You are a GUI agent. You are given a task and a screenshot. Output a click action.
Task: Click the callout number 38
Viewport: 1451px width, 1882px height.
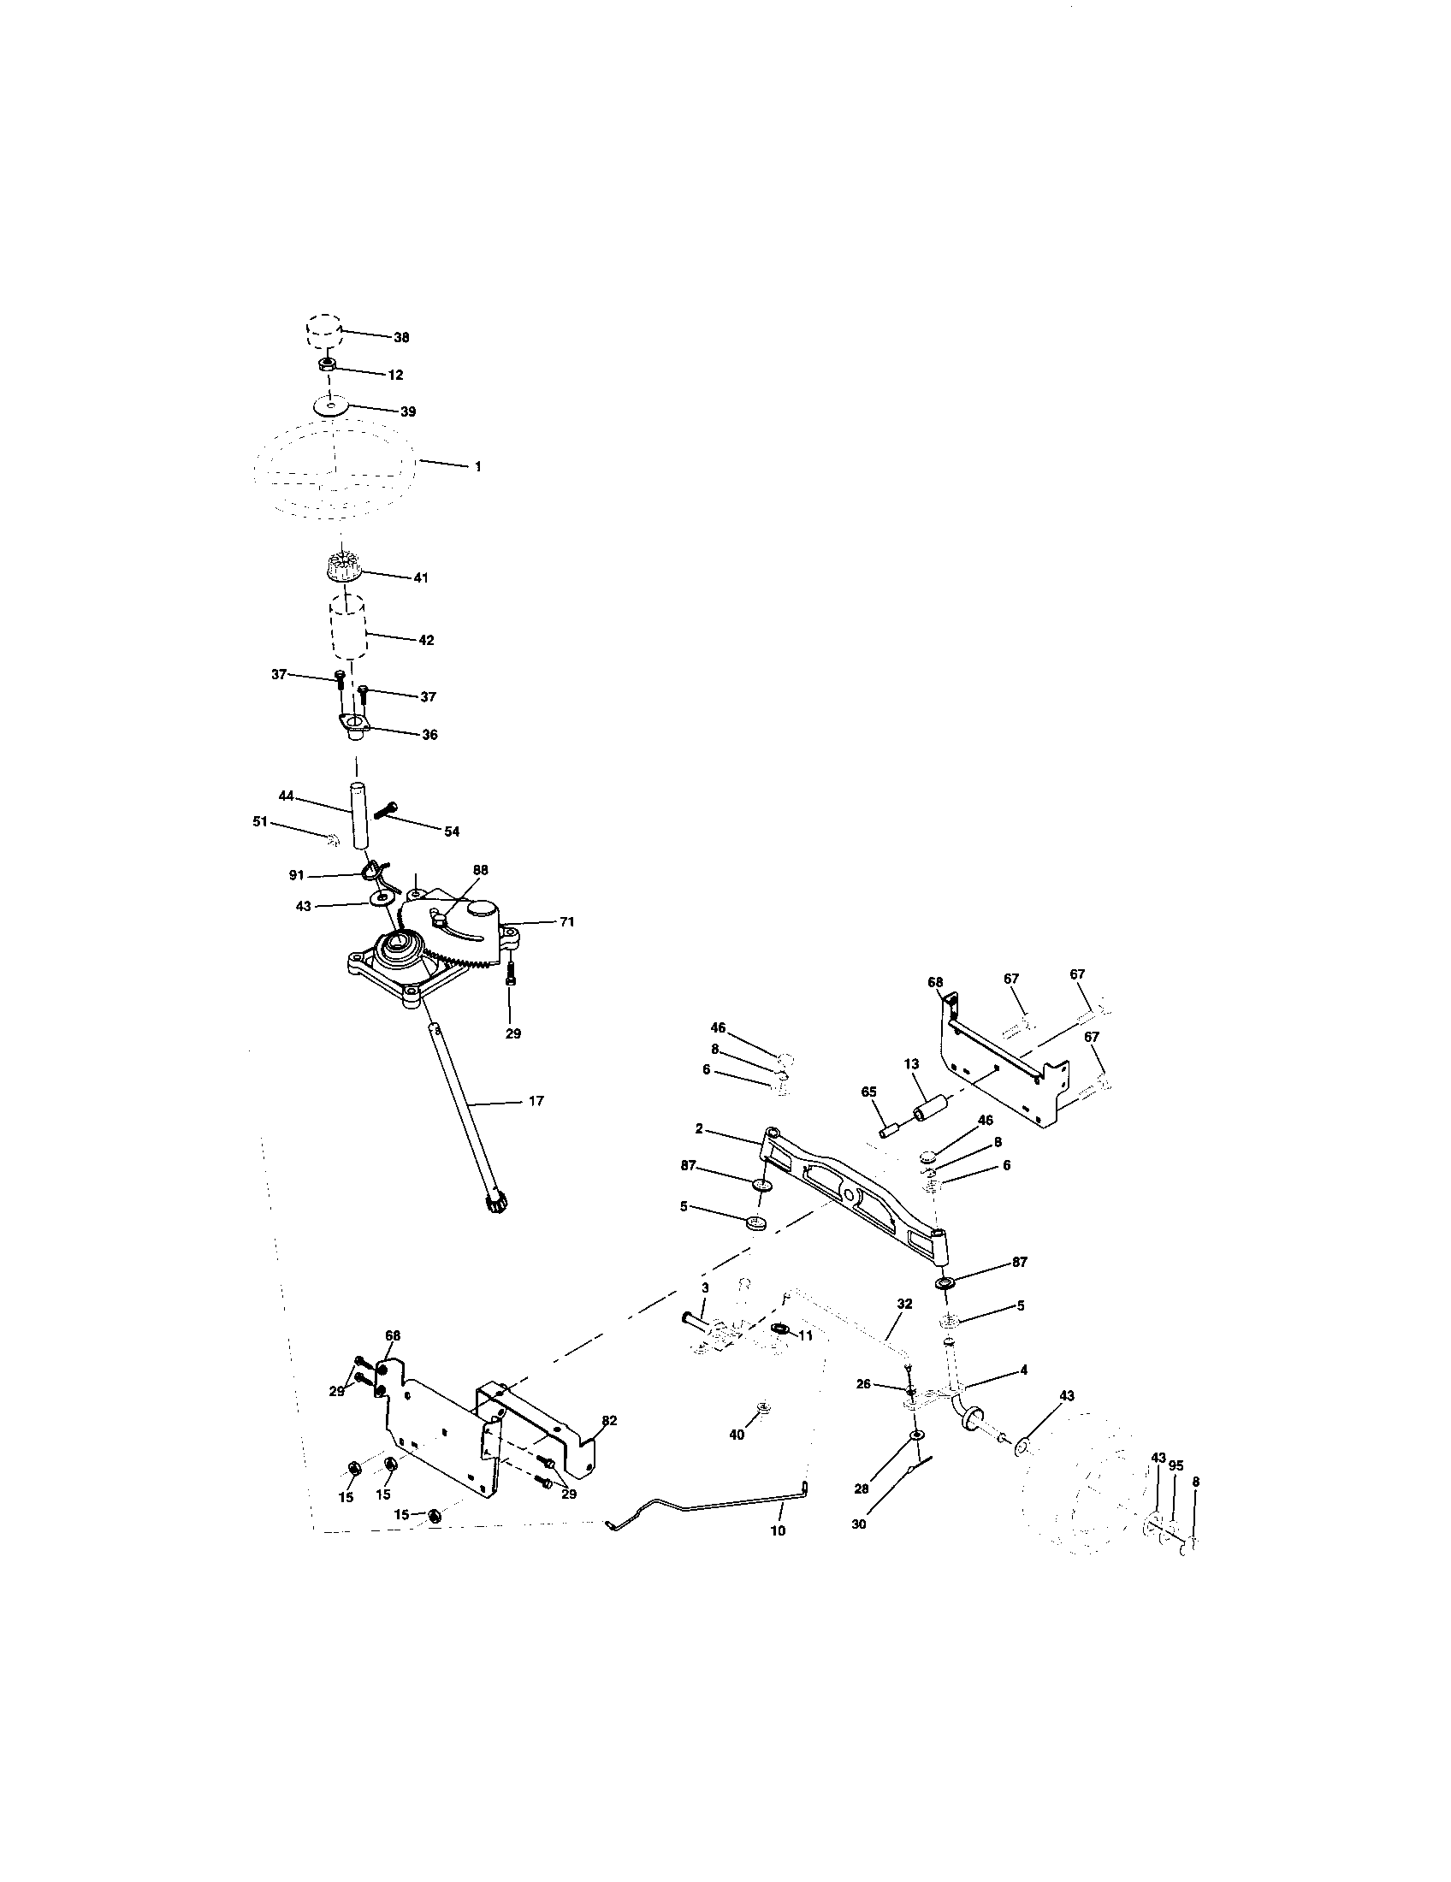[401, 338]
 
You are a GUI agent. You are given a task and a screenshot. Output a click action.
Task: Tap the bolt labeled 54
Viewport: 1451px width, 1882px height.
[386, 810]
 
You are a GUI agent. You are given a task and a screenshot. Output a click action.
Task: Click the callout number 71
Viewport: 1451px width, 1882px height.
[566, 922]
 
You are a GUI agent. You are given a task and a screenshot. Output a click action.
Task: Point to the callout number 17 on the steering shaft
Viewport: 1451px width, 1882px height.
[536, 1100]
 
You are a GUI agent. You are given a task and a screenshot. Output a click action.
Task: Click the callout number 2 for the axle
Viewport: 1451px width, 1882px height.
[699, 1129]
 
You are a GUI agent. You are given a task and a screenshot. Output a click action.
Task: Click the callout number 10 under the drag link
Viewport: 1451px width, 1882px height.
[777, 1531]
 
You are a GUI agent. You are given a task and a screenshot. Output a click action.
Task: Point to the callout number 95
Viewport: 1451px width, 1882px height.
[1176, 1465]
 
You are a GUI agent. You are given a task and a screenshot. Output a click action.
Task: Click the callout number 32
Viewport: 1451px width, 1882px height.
[903, 1305]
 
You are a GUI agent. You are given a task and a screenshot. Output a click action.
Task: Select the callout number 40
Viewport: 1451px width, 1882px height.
[737, 1435]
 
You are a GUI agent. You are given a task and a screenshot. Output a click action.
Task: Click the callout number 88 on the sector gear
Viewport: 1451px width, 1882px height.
[481, 869]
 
